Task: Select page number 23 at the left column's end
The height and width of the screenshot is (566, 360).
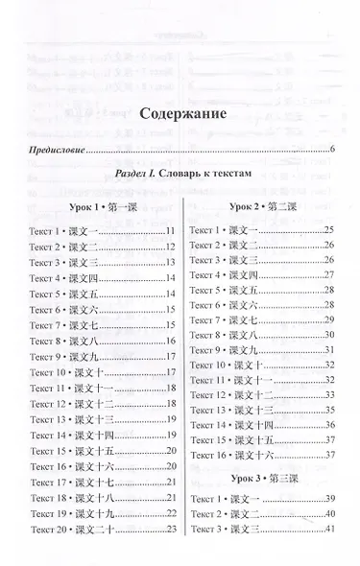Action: (170, 529)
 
